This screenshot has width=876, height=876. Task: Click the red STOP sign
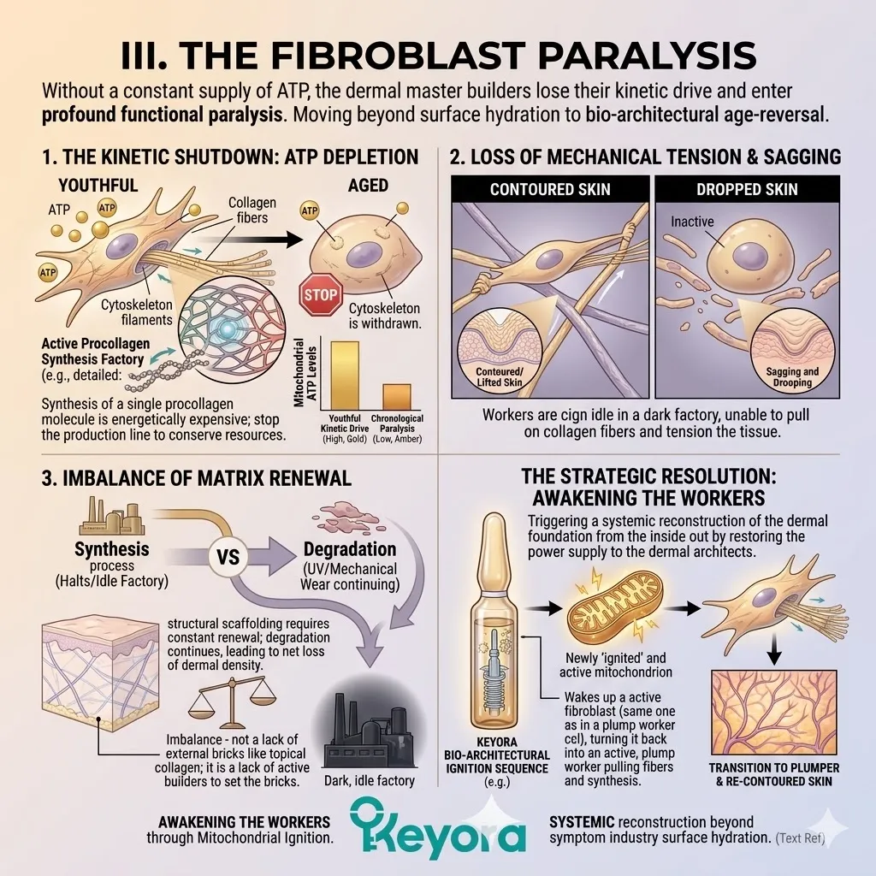coord(319,296)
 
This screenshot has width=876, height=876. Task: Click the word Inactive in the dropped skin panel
coord(693,222)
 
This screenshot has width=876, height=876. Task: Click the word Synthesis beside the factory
coord(111,548)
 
